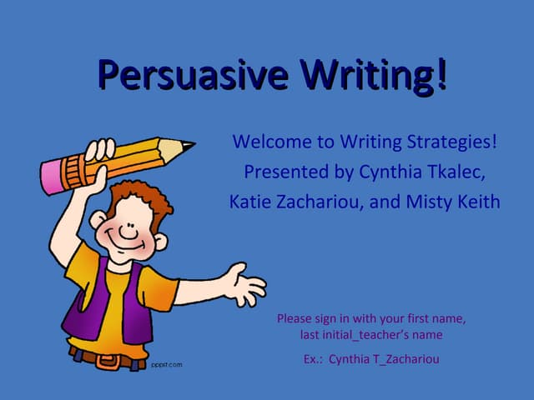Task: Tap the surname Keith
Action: pyautogui.click(x=478, y=202)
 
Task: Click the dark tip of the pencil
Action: pyautogui.click(x=189, y=146)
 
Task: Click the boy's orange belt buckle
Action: pyautogui.click(x=107, y=361)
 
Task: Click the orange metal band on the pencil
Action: pyautogui.click(x=77, y=170)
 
